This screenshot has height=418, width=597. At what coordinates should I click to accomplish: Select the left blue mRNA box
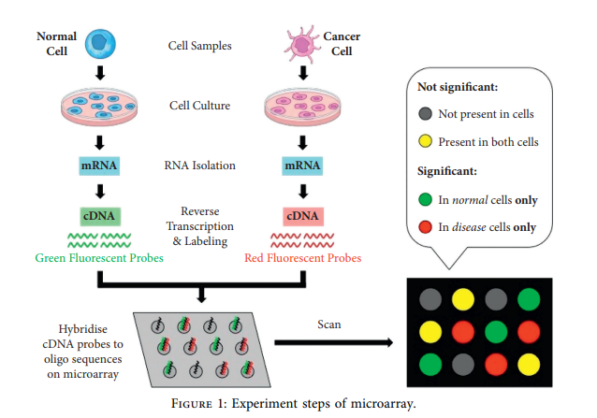(100, 166)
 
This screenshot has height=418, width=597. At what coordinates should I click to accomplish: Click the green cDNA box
(100, 215)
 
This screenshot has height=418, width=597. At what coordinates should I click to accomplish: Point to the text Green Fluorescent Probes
(99, 256)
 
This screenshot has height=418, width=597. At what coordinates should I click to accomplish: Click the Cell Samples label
(199, 45)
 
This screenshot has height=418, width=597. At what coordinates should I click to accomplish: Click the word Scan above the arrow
(328, 324)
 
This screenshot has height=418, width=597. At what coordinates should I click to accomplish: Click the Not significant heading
(457, 87)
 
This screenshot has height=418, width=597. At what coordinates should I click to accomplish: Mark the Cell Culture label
(199, 105)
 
